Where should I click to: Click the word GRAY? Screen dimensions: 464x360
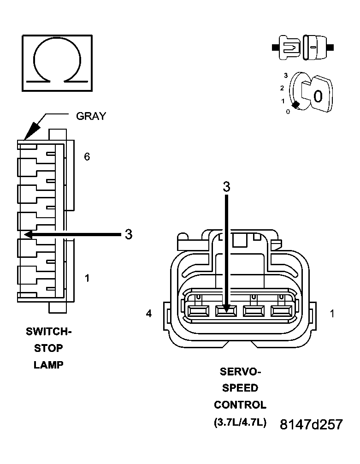point(91,116)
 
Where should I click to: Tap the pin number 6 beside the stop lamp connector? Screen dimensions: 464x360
point(87,157)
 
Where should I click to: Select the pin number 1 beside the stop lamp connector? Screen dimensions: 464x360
point(87,278)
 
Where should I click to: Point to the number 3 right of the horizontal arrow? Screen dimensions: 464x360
point(129,234)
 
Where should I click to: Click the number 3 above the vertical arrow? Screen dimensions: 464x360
point(226,187)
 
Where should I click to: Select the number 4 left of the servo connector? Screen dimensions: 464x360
point(148,314)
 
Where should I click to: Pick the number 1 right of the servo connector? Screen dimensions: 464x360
point(332,314)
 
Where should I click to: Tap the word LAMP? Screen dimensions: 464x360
point(48,365)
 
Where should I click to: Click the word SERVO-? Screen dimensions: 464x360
point(240,371)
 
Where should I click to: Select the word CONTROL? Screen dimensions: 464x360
point(240,405)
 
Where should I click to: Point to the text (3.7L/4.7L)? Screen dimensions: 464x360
point(240,422)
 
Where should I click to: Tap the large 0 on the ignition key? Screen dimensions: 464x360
point(318,96)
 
